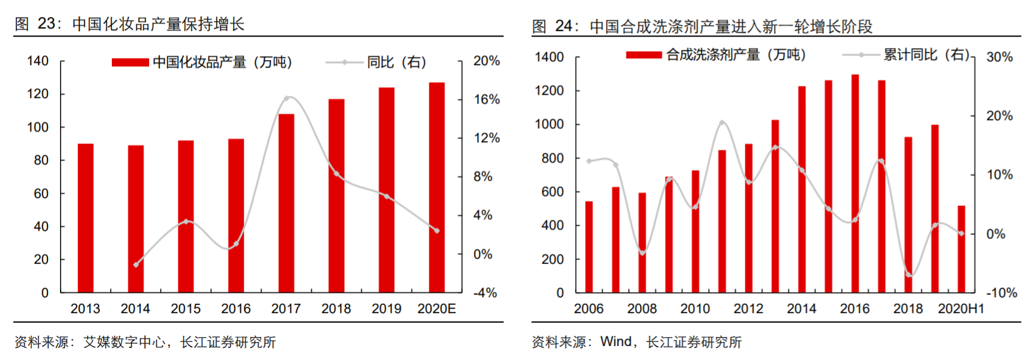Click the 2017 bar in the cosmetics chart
point(286,203)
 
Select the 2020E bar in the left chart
point(437,187)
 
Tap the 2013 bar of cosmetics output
point(85,218)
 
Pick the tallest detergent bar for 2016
point(855,183)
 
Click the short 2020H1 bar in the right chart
point(961,249)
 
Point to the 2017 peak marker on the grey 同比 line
point(286,99)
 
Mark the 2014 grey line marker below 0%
point(136,265)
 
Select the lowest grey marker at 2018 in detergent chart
point(909,274)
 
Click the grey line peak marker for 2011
point(722,123)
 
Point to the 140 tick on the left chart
point(38,61)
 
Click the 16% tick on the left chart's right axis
point(486,100)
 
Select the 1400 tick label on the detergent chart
point(549,57)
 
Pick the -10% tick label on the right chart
point(1001,293)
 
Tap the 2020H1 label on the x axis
point(960,309)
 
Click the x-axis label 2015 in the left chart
point(186,309)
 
